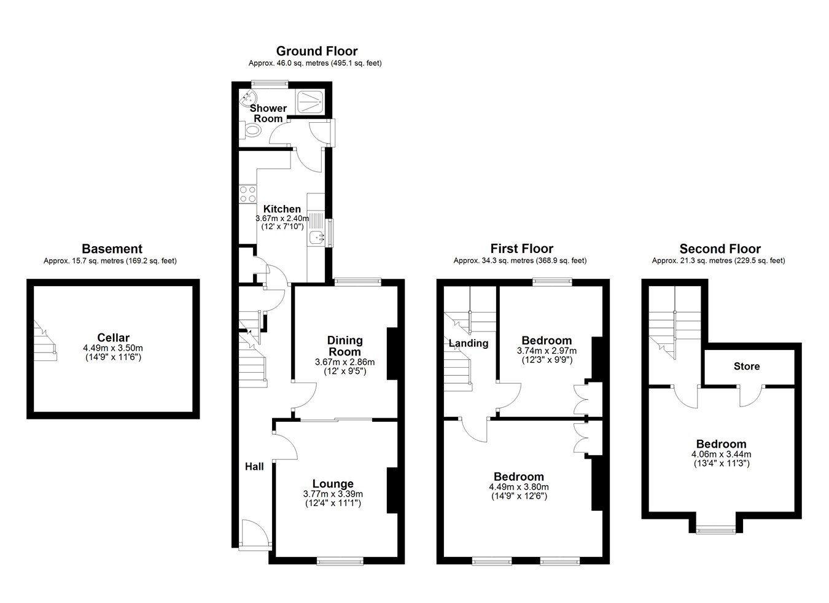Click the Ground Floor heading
[x=317, y=51]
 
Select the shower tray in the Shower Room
[x=310, y=101]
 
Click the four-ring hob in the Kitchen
[x=247, y=194]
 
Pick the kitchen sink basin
[x=316, y=236]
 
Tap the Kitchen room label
[x=282, y=209]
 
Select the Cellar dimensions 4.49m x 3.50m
[x=113, y=348]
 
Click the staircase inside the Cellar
[x=45, y=341]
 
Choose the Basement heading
[x=112, y=249]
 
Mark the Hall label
[x=255, y=467]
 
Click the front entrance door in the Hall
[x=255, y=534]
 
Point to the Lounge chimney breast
[x=392, y=491]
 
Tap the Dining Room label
[x=345, y=346]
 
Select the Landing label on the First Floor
[x=469, y=343]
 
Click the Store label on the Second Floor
[x=747, y=366]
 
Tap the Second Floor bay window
[x=716, y=531]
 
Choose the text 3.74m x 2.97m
[x=547, y=351]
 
